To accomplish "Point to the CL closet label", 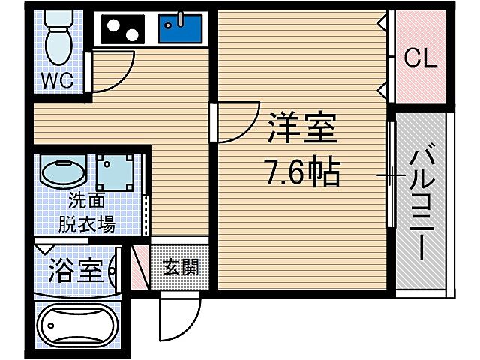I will [x=421, y=58].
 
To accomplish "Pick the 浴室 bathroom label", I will [x=75, y=271].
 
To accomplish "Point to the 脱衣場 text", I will [x=87, y=223].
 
